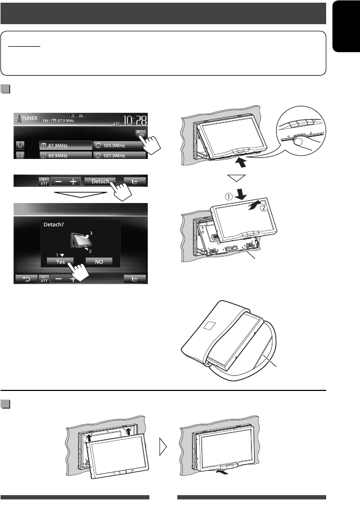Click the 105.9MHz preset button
(x=119, y=145)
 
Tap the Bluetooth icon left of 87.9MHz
(x=20, y=145)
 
